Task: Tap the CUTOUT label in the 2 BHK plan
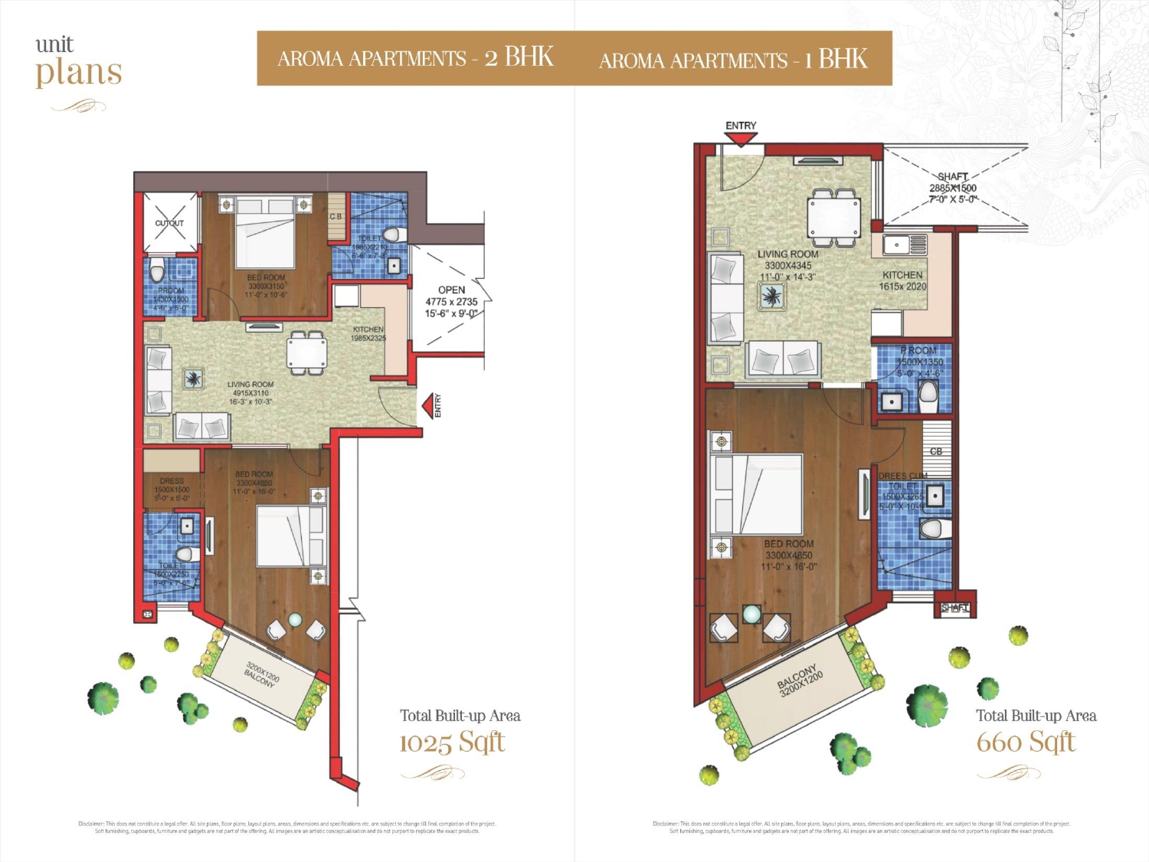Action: pyautogui.click(x=169, y=223)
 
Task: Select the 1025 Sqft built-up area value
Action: pyautogui.click(x=452, y=742)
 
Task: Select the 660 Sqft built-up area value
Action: pyautogui.click(x=1026, y=742)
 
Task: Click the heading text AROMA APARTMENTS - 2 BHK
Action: pyautogui.click(x=415, y=58)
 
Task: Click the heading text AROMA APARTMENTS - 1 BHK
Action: pyautogui.click(x=733, y=60)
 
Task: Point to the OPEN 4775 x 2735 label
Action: pyautogui.click(x=451, y=301)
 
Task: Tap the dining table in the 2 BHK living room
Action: pyautogui.click(x=306, y=353)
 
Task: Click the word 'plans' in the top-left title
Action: pyautogui.click(x=79, y=73)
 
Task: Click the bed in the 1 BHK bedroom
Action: pyautogui.click(x=756, y=494)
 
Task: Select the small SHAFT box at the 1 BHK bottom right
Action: pyautogui.click(x=954, y=608)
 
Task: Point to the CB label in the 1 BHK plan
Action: pyautogui.click(x=936, y=451)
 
